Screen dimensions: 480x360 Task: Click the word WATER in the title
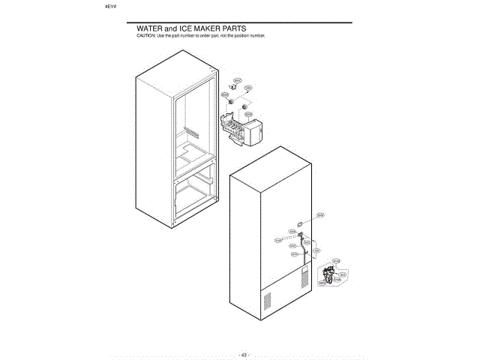(x=148, y=28)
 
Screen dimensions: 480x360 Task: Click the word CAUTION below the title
(x=144, y=35)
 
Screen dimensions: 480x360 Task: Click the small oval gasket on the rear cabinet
(x=298, y=223)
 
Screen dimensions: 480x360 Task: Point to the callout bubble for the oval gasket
(x=319, y=214)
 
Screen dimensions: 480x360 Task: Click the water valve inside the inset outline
(x=327, y=277)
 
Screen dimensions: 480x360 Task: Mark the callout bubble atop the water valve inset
(x=335, y=261)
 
